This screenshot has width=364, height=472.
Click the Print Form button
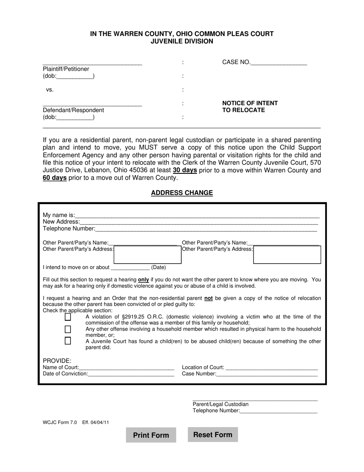tap(151, 435)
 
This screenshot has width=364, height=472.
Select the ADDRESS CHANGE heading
tap(182, 193)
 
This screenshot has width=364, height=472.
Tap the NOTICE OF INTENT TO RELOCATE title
tap(250, 107)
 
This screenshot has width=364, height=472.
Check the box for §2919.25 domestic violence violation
tap(68, 317)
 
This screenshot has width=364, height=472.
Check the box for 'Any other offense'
tap(68, 329)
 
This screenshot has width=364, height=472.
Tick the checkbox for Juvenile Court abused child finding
tap(68, 341)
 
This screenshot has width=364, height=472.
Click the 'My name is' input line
tap(197, 215)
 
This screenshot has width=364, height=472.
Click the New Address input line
tap(199, 222)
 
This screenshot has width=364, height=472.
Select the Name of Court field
tap(126, 367)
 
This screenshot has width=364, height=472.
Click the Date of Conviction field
tap(131, 374)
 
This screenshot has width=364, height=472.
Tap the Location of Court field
tap(272, 367)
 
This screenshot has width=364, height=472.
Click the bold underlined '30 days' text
tap(185, 170)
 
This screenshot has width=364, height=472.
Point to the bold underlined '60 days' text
tap(55, 178)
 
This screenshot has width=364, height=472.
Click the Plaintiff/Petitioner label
tap(66, 69)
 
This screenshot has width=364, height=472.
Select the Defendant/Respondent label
tap(73, 110)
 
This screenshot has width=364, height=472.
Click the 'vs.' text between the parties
tap(50, 90)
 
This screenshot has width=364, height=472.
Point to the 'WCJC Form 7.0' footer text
tap(60, 422)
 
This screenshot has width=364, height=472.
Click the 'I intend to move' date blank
tap(130, 267)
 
